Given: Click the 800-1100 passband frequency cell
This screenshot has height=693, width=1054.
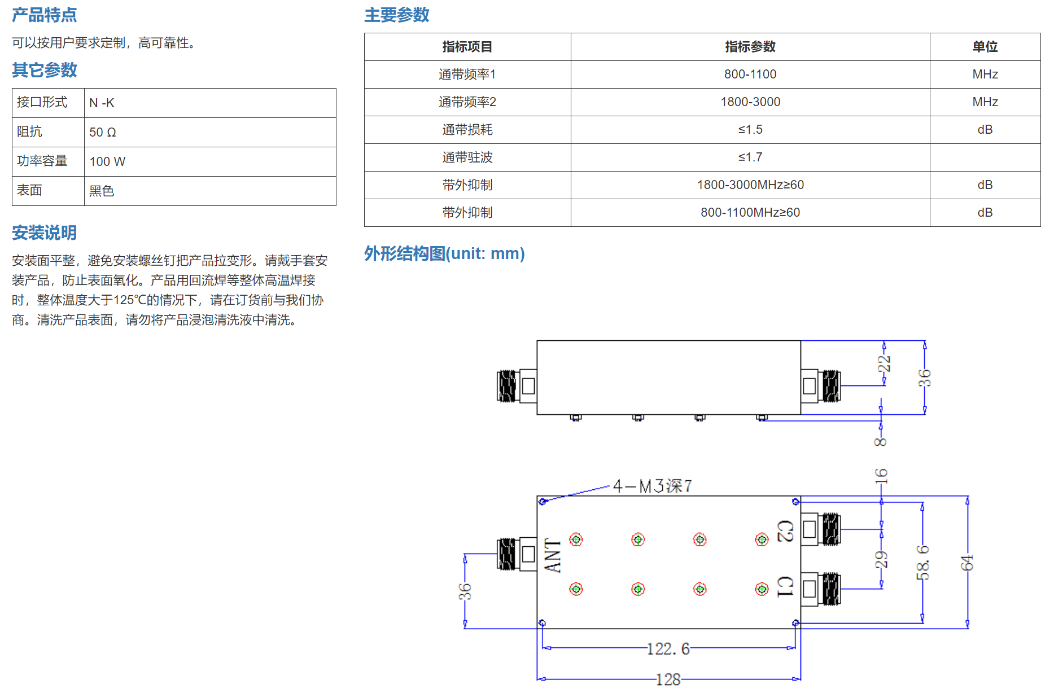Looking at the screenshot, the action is click(750, 74).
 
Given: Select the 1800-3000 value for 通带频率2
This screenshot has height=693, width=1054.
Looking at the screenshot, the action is click(750, 102).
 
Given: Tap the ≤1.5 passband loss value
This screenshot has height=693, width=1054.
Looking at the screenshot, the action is click(750, 130).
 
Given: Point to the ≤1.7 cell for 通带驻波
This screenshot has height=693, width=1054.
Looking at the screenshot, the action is click(750, 157).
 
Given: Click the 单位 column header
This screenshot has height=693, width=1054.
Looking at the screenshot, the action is click(985, 47).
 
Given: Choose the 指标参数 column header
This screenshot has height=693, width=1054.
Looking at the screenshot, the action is click(750, 47).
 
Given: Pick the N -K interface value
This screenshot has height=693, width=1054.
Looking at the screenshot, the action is click(102, 103).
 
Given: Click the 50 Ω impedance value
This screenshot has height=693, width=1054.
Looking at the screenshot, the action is click(103, 133).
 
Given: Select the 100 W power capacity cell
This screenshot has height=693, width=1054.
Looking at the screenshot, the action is click(107, 162).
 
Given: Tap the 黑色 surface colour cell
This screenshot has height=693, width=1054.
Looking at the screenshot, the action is click(102, 191).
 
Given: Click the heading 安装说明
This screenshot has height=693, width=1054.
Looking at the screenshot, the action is click(44, 233).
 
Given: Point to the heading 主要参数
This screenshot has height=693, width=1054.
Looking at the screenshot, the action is click(396, 15).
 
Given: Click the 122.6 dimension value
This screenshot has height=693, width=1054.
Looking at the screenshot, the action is click(668, 649).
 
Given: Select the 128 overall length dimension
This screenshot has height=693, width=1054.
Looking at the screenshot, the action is click(668, 679).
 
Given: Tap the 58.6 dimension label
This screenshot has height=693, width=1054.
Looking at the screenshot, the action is click(922, 562).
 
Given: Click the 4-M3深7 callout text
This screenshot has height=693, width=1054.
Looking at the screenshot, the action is click(653, 486).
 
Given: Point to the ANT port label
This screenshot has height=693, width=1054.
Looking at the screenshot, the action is click(553, 555).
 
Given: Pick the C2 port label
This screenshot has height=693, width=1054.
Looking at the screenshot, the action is click(785, 531).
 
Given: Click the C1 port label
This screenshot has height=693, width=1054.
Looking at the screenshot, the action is click(785, 587).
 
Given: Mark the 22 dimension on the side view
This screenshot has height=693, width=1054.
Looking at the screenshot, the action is click(884, 363).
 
